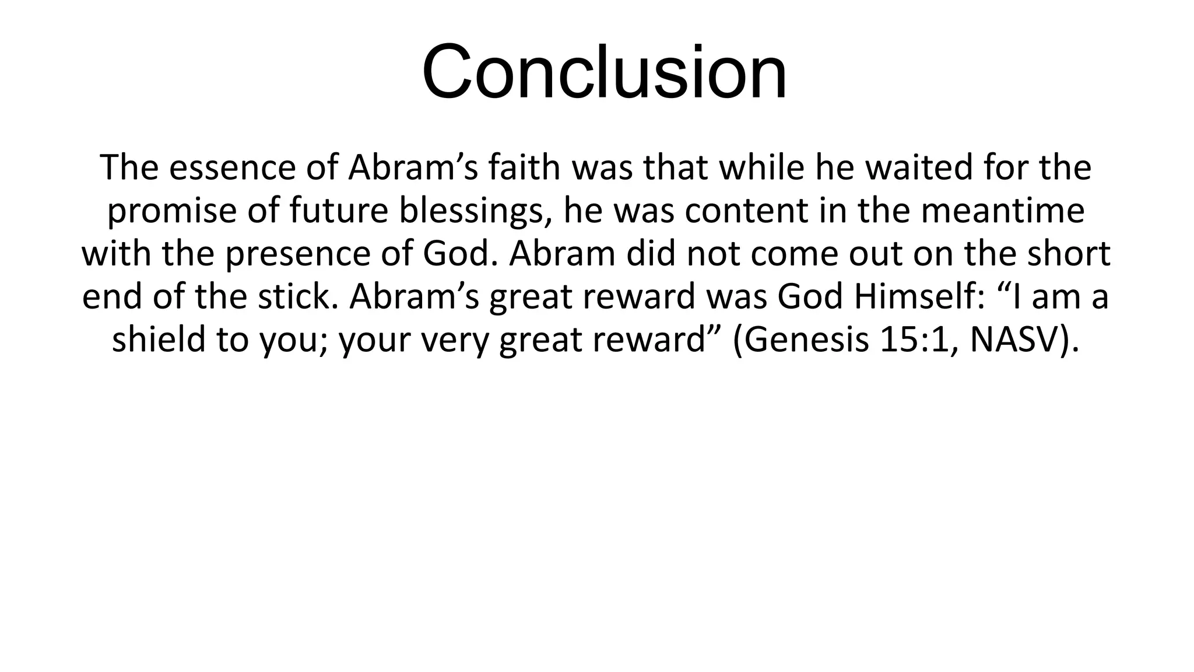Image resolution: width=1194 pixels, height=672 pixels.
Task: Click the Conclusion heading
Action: (604, 72)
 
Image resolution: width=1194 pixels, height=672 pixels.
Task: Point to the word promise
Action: (172, 211)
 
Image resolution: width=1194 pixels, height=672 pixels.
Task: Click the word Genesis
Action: (806, 340)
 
